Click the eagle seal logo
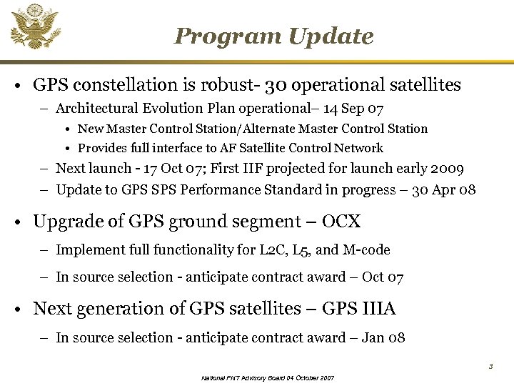(34, 26)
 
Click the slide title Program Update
(273, 36)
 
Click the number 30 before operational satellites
(276, 85)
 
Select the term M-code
(366, 249)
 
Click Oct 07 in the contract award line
(383, 277)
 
